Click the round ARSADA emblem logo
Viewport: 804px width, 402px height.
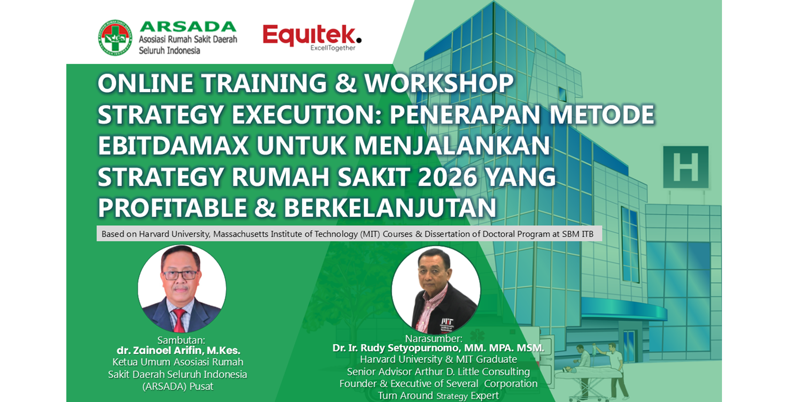click(x=115, y=37)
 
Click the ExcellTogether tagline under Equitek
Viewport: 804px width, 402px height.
click(x=333, y=48)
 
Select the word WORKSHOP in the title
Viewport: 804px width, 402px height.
click(x=438, y=83)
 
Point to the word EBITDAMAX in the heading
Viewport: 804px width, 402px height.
click(x=173, y=146)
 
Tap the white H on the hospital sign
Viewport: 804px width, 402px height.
click(x=686, y=167)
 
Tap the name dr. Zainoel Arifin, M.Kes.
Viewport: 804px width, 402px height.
click(x=178, y=350)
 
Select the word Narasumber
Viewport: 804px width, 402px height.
click(x=433, y=338)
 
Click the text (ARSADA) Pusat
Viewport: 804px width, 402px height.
click(x=178, y=387)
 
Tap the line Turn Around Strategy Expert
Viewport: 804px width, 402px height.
click(x=438, y=395)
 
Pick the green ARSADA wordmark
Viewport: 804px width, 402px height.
click(x=188, y=27)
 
